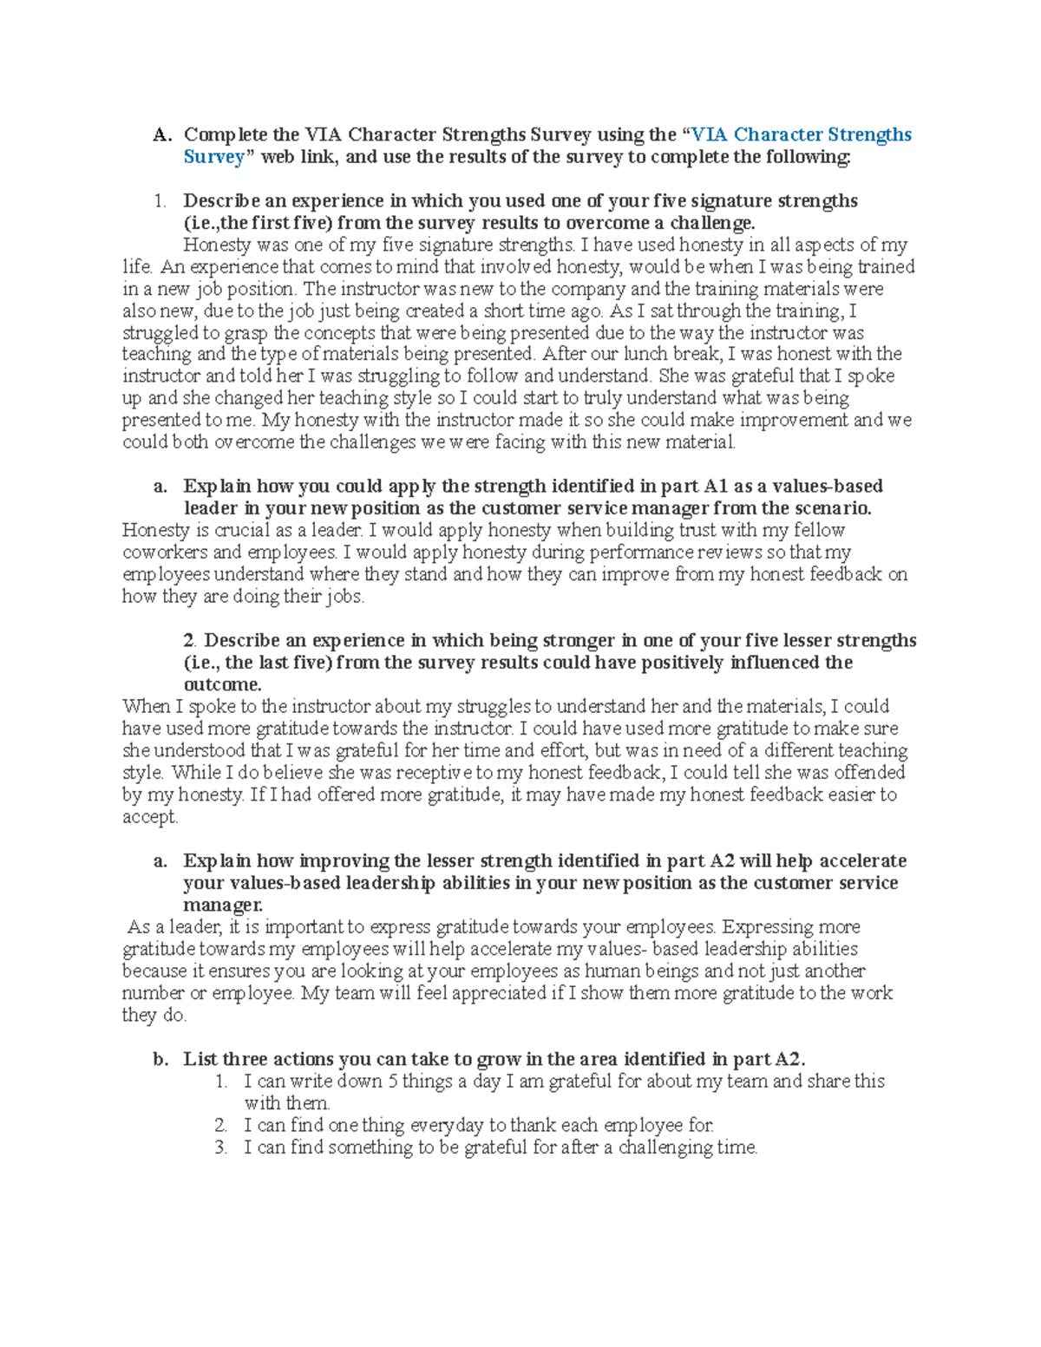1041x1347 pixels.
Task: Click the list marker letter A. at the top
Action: pyautogui.click(x=162, y=135)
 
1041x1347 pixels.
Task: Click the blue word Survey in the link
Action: pyautogui.click(x=213, y=157)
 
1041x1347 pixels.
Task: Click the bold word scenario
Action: pyautogui.click(x=831, y=508)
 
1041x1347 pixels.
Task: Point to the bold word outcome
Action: pyautogui.click(x=222, y=684)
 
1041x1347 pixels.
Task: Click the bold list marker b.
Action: pyautogui.click(x=160, y=1059)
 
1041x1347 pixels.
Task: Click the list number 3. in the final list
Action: pyautogui.click(x=221, y=1148)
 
